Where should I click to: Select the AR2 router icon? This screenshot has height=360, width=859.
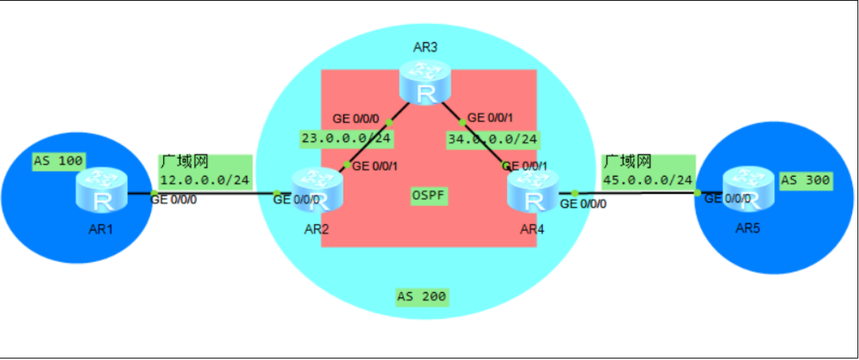tap(318, 189)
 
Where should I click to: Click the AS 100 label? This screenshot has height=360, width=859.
tap(58, 161)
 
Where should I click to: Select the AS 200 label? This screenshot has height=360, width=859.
tap(422, 297)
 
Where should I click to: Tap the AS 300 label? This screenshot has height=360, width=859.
tap(805, 180)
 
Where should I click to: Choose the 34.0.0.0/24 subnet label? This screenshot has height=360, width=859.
tap(491, 140)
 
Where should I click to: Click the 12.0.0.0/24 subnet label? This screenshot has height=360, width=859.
tap(205, 180)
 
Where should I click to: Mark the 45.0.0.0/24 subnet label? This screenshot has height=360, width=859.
tap(648, 180)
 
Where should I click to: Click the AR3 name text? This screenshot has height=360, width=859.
tap(425, 48)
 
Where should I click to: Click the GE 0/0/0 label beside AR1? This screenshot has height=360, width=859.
tap(174, 200)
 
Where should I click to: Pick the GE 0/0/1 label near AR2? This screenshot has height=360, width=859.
tap(377, 166)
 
